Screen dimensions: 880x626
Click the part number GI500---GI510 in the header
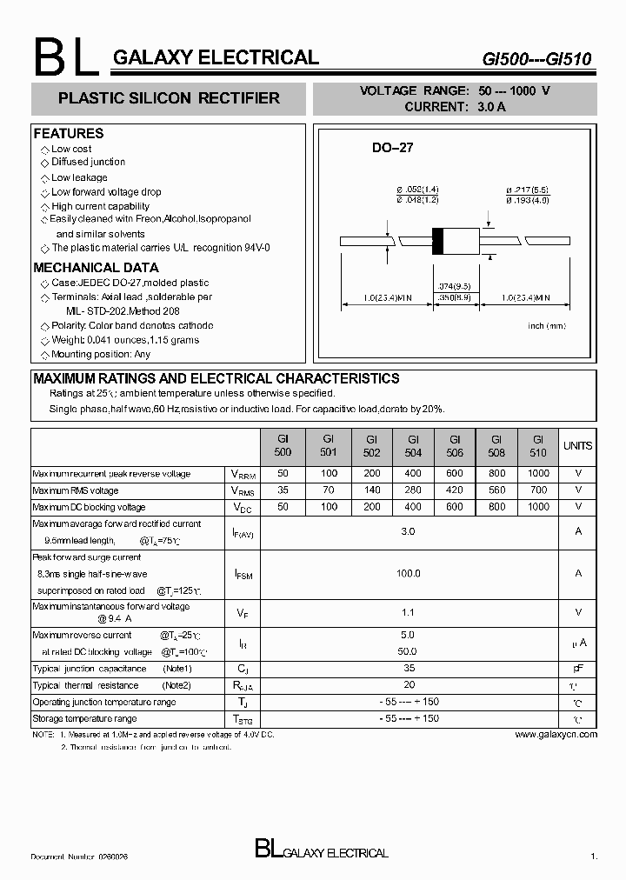click(537, 59)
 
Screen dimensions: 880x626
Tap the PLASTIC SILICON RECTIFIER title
click(169, 98)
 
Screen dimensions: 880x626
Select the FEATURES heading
click(68, 133)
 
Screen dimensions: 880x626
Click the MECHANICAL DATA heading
click(96, 268)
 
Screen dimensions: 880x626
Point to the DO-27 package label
click(392, 148)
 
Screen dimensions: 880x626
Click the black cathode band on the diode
click(438, 241)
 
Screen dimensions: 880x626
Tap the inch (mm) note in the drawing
click(547, 325)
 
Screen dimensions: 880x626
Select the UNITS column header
click(577, 446)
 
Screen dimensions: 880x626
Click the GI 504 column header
click(413, 446)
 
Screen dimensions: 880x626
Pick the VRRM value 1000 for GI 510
click(538, 474)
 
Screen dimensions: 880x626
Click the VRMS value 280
click(413, 490)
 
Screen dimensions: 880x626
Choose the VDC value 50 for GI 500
click(282, 506)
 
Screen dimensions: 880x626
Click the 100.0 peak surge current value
click(409, 573)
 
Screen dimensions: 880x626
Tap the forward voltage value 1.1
click(409, 612)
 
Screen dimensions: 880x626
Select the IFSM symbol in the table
click(243, 574)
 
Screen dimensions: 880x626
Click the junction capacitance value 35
click(409, 668)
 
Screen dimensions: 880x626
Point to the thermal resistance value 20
click(409, 684)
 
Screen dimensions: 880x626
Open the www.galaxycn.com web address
click(556, 735)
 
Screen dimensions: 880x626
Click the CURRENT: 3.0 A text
click(455, 107)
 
